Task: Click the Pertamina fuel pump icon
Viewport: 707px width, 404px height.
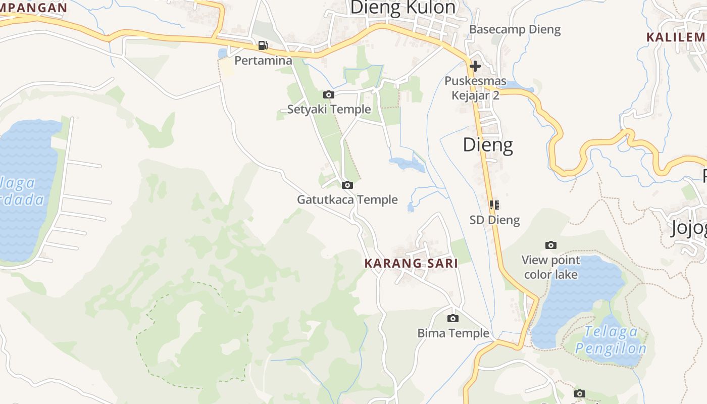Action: (x=263, y=45)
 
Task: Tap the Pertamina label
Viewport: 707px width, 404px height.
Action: (x=263, y=61)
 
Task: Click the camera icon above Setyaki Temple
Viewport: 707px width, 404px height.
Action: (x=329, y=94)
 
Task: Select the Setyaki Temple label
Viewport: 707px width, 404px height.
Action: (x=329, y=109)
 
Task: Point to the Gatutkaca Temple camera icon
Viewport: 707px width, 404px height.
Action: (x=347, y=185)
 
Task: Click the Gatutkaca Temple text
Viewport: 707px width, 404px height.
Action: (x=347, y=199)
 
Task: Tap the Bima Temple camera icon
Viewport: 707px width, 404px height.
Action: (x=453, y=318)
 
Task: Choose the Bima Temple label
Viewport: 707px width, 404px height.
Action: (x=453, y=333)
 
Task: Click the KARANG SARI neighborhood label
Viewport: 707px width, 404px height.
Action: (x=411, y=263)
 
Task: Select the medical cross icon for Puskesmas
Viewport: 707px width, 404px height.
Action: (x=475, y=66)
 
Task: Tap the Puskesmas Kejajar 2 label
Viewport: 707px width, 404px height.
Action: (x=475, y=88)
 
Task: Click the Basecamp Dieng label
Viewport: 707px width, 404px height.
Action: (x=515, y=29)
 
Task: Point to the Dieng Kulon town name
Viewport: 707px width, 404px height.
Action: (x=402, y=8)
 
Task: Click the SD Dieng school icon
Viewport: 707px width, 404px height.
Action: (x=494, y=205)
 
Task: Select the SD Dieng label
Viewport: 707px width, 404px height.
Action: (x=494, y=220)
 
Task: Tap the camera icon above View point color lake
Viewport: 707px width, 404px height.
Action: (x=551, y=245)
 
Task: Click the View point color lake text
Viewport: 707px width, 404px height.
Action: (x=551, y=267)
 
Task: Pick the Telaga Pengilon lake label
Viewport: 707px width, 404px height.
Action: (x=611, y=340)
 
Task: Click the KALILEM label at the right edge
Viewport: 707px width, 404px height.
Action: (x=676, y=37)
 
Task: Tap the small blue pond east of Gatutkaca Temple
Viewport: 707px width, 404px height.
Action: (x=407, y=163)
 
